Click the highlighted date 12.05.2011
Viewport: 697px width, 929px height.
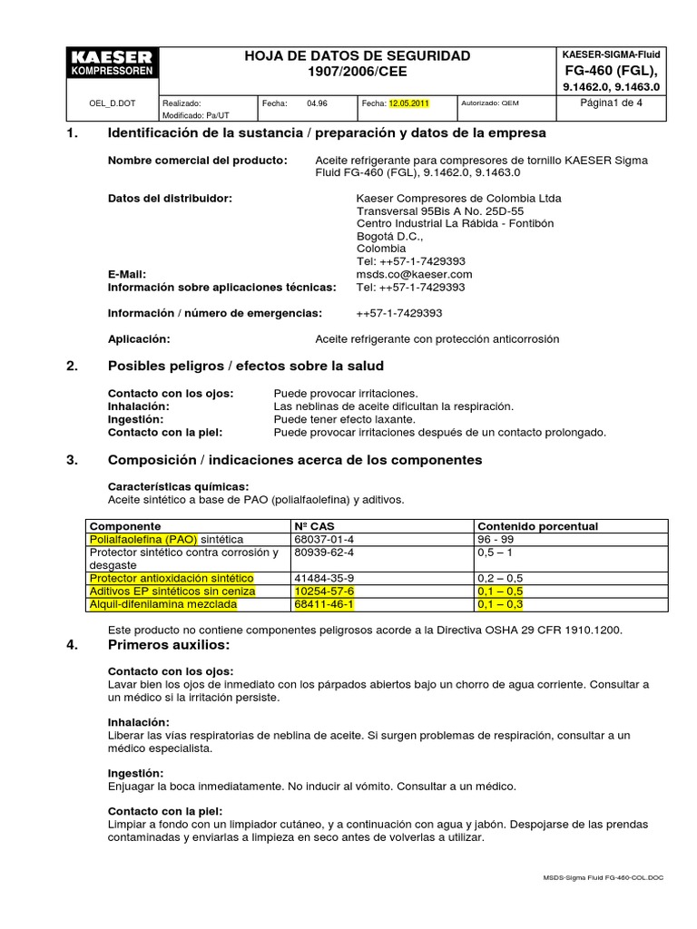point(408,103)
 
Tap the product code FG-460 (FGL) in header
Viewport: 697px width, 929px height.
point(610,71)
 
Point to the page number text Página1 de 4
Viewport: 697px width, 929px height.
point(610,103)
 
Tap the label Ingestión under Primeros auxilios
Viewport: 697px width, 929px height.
point(137,772)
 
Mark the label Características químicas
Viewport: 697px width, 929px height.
point(178,486)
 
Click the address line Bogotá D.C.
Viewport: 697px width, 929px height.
point(389,236)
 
